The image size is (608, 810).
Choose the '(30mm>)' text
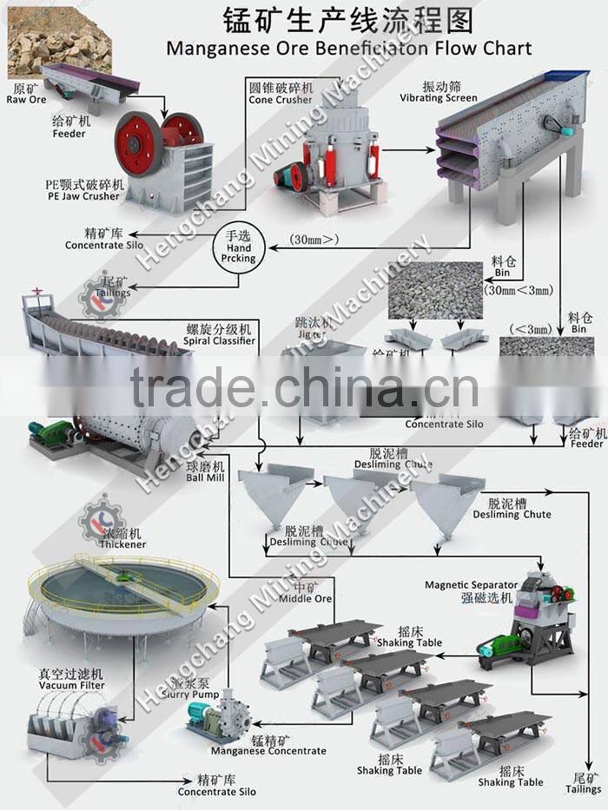[x=315, y=240]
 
